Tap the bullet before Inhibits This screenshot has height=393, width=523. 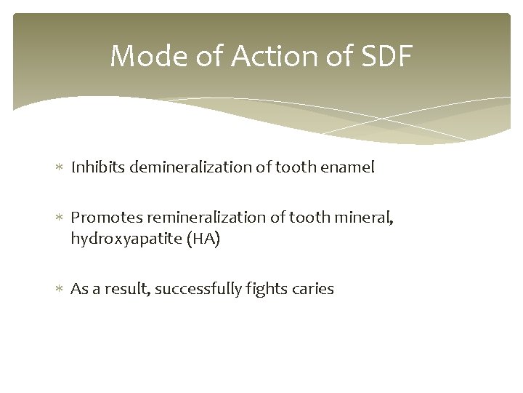60,168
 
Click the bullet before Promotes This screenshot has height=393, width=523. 60,218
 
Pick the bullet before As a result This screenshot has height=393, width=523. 60,290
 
